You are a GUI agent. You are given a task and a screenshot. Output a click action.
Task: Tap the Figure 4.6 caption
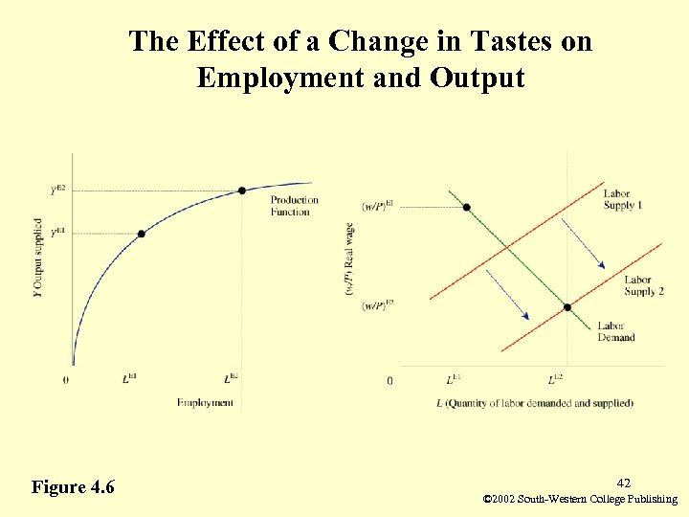click(73, 487)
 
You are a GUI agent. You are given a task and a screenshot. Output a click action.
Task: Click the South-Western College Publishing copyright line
click(581, 500)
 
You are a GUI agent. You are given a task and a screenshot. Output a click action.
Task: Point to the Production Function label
click(294, 206)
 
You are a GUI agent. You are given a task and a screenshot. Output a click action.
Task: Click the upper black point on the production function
click(242, 191)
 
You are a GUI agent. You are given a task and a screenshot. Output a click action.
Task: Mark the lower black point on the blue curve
click(142, 234)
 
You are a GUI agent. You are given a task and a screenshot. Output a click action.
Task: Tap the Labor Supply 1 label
click(623, 200)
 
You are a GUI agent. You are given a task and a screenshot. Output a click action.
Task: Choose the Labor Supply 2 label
click(644, 285)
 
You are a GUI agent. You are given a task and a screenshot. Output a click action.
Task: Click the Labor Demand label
click(616, 331)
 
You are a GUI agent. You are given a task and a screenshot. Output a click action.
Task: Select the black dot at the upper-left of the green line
click(466, 207)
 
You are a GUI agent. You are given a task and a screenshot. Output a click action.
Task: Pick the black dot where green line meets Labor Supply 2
click(567, 307)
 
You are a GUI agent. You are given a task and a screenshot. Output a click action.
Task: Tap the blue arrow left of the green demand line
click(508, 294)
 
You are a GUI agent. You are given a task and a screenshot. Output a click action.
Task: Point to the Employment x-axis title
click(205, 403)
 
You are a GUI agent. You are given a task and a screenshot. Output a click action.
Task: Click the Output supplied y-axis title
click(37, 258)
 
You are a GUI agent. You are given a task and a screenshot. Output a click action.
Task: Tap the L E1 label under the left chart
click(129, 380)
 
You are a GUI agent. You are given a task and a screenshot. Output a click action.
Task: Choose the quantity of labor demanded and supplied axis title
click(535, 403)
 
